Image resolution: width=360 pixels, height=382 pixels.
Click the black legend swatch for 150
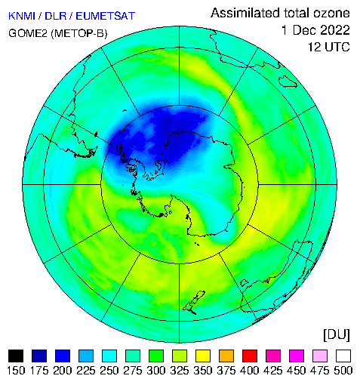click(16, 356)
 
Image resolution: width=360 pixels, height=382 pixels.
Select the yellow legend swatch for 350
click(203, 356)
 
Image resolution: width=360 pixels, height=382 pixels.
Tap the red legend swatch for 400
click(250, 356)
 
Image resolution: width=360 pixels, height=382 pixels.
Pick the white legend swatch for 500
click(343, 356)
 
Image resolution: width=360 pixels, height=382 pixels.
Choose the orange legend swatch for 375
click(226, 356)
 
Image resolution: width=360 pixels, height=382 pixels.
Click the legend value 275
click(133, 371)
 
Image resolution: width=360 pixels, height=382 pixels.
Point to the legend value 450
click(297, 371)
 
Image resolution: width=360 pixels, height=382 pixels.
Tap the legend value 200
click(63, 371)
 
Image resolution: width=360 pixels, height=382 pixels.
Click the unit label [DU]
click(337, 335)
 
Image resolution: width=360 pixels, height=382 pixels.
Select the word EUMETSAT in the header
click(105, 16)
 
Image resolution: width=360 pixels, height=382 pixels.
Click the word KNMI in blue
click(22, 16)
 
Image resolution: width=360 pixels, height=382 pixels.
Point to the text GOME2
click(28, 33)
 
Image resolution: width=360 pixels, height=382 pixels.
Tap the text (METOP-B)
click(79, 33)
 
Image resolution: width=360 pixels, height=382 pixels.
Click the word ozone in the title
click(331, 13)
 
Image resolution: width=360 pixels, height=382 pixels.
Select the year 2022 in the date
click(335, 30)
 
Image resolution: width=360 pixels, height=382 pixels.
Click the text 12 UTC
click(329, 47)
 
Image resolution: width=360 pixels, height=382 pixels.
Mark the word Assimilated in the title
click(245, 13)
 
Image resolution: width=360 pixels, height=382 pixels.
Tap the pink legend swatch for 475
click(320, 356)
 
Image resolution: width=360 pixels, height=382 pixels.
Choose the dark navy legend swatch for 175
click(39, 356)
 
